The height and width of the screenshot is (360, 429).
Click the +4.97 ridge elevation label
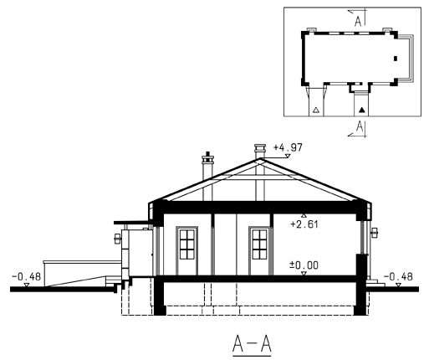[x=288, y=147]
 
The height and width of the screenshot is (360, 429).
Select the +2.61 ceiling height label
[x=304, y=224]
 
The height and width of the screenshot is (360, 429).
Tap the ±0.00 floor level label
[x=304, y=265]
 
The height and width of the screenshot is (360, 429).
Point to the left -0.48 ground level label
[x=26, y=277]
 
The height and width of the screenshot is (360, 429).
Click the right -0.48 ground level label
[x=398, y=277]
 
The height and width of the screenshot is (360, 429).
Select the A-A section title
[x=252, y=344]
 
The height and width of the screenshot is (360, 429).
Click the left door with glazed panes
[x=186, y=250]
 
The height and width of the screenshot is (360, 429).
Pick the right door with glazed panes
[x=259, y=250]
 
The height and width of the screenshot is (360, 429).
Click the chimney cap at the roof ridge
[x=260, y=148]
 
